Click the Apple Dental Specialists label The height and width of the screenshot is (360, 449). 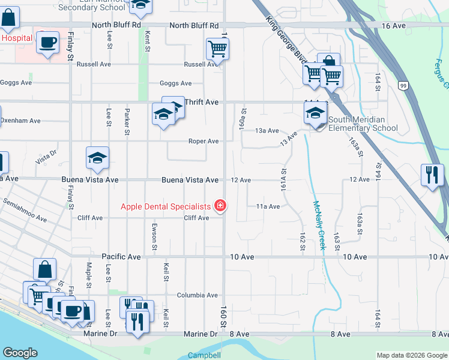coord(166,206)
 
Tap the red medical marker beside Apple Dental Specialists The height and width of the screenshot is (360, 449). coord(220,206)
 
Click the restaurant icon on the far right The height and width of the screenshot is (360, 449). coord(432,175)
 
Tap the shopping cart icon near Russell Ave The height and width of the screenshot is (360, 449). coord(217,48)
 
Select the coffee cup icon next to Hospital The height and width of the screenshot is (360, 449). coord(47,43)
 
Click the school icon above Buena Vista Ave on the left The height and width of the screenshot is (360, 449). coord(97,158)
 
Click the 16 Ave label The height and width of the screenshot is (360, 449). coord(393,26)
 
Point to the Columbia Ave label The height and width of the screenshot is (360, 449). coord(197,295)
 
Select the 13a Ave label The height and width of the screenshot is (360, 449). coord(267,130)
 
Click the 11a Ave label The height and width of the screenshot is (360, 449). coord(268,206)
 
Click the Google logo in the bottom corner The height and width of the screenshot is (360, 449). coord(20,353)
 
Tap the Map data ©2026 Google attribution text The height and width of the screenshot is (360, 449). coord(412,355)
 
